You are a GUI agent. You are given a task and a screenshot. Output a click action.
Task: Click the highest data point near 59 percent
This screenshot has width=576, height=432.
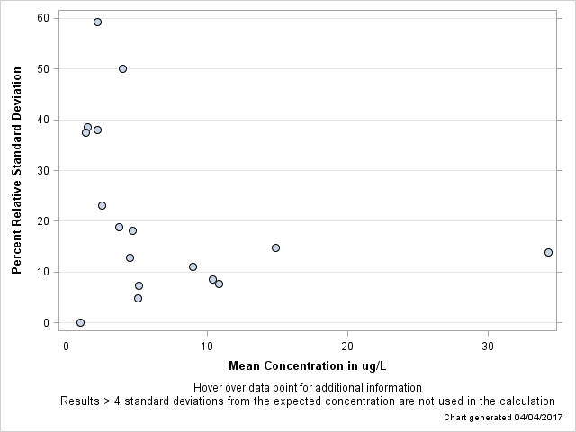pos(97,22)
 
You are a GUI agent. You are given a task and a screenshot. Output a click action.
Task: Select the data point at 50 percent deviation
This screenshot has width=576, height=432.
pos(122,68)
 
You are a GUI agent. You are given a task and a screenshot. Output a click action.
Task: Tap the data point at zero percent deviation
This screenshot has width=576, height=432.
pos(80,322)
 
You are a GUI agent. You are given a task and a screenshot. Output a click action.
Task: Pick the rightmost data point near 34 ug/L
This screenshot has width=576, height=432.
pos(548,252)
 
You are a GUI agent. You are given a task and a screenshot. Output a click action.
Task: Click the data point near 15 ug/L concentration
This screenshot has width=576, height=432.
pos(275,247)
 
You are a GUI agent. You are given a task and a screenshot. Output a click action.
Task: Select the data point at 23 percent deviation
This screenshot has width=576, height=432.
pos(102,205)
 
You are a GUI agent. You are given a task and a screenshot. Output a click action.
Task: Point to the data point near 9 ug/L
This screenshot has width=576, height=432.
pos(193,266)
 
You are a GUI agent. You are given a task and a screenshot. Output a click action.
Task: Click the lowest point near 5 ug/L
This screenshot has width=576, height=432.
pos(138,298)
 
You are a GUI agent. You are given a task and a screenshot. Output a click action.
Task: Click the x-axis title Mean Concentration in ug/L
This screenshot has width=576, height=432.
pos(307,365)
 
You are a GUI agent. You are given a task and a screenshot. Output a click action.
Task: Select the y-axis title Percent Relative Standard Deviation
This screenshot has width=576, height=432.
pos(16,170)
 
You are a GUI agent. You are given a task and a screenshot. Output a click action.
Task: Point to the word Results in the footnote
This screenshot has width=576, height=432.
pos(81,401)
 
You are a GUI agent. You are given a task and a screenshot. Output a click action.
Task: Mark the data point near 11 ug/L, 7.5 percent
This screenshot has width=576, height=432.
pos(219,283)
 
